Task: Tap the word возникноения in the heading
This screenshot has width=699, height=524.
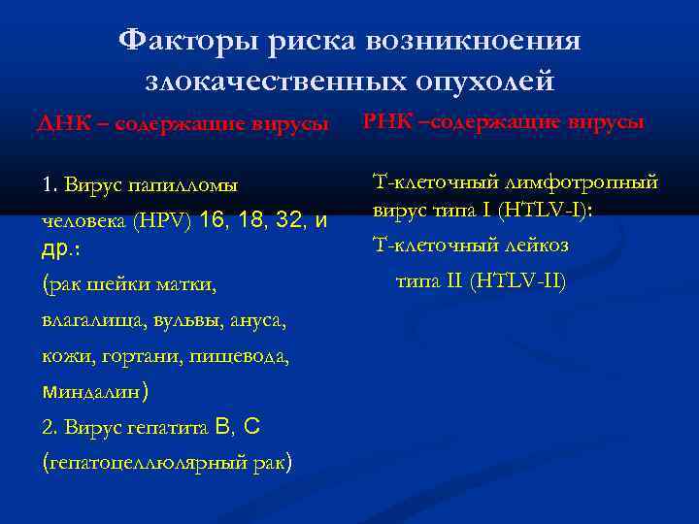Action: tap(473, 41)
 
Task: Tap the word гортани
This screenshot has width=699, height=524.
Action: tap(126, 356)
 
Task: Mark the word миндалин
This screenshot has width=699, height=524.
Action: tap(93, 392)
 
